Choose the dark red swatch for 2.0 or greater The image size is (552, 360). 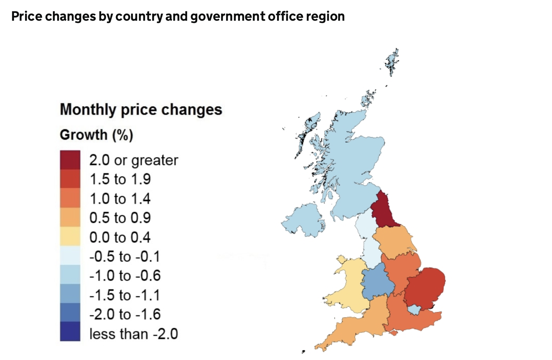70,160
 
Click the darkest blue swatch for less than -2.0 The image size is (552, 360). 70,332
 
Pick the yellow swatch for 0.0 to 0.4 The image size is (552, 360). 70,236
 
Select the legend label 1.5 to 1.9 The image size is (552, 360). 120,179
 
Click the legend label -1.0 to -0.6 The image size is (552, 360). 125,276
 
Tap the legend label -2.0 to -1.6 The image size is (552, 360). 125,314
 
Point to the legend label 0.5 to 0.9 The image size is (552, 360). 120,218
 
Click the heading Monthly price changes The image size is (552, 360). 141,109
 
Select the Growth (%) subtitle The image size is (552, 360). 96,135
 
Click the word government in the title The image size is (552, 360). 228,16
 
